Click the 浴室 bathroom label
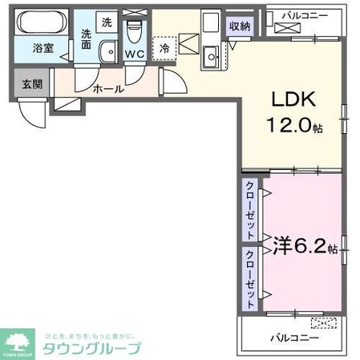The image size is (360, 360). (x=42, y=48)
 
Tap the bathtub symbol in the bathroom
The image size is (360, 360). (x=42, y=22)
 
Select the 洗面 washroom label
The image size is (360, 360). (x=86, y=40)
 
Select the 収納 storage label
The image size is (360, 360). (x=240, y=26)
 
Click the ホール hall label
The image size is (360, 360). (x=108, y=88)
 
